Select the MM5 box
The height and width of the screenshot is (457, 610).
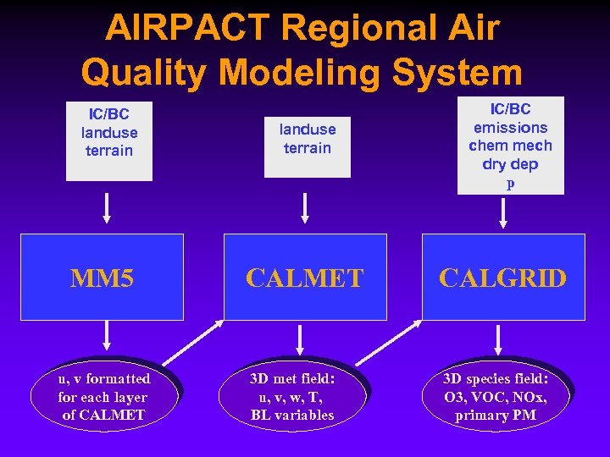[x=102, y=278]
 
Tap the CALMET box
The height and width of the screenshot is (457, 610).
[x=303, y=278]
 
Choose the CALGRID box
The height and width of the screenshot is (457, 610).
[x=503, y=278]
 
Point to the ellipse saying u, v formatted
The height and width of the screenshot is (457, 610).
[x=104, y=397]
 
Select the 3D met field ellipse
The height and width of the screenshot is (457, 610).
[x=292, y=397]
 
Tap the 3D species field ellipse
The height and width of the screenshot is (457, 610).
[x=496, y=397]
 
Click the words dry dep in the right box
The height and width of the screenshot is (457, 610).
[x=510, y=164]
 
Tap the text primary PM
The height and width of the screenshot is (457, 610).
[x=496, y=416]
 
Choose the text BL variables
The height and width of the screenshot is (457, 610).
[x=292, y=416]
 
